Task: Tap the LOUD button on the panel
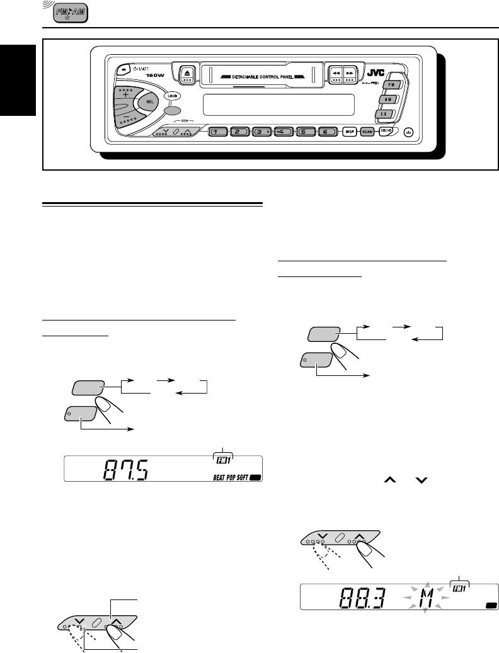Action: [172, 96]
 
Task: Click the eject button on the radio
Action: [188, 74]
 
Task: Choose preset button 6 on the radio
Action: [327, 132]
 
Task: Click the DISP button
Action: [350, 132]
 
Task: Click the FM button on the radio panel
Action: [391, 84]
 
